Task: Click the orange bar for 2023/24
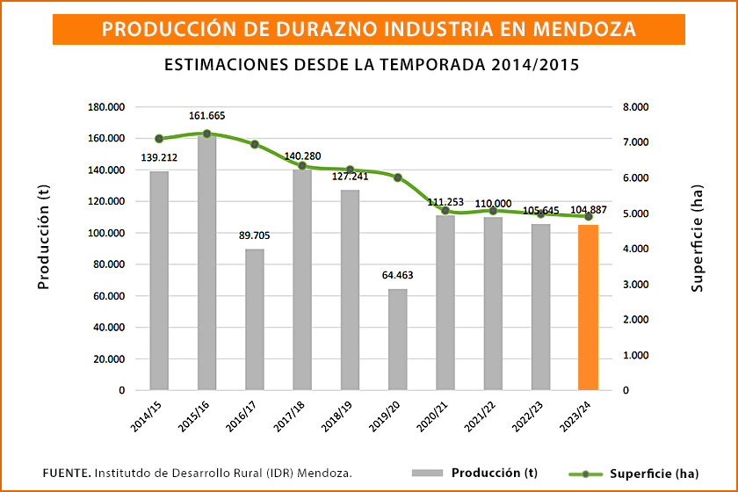[x=588, y=307]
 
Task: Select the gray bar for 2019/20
[x=397, y=339]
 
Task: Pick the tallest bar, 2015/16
[x=206, y=263]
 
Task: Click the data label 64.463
[x=397, y=275]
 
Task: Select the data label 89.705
[x=254, y=235]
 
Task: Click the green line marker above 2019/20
[x=397, y=177]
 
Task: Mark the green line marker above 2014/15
[x=159, y=139]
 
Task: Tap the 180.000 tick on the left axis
[x=105, y=107]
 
